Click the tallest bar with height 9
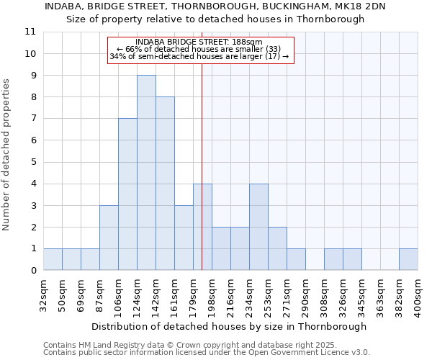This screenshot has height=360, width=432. click(146, 173)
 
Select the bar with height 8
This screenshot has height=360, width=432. click(165, 184)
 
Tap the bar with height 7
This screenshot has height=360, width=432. click(127, 194)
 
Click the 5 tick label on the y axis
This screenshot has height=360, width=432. click(32, 162)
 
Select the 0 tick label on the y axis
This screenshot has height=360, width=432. click(32, 271)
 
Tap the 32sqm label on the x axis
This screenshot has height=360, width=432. click(44, 295)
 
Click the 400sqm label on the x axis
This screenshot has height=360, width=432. click(418, 297)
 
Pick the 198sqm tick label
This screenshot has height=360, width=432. click(212, 297)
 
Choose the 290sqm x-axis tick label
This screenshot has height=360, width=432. click(306, 297)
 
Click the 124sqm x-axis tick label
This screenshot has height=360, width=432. click(138, 297)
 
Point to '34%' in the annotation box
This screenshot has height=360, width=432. click(116, 56)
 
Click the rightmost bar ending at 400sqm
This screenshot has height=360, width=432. click(408, 259)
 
